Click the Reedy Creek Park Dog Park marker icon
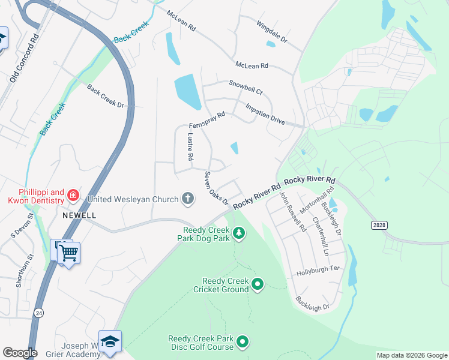[x=239, y=232]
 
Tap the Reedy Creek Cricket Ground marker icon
[x=258, y=284]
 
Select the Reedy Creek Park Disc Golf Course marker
[x=243, y=342]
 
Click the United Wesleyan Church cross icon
[x=188, y=199]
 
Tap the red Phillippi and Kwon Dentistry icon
[x=73, y=194]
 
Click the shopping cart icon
[x=68, y=254]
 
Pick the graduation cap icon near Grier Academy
[x=110, y=341]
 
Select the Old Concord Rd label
[x=24, y=58]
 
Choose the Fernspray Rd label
[x=207, y=119]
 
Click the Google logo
[x=20, y=353]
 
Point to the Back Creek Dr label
[x=105, y=97]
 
